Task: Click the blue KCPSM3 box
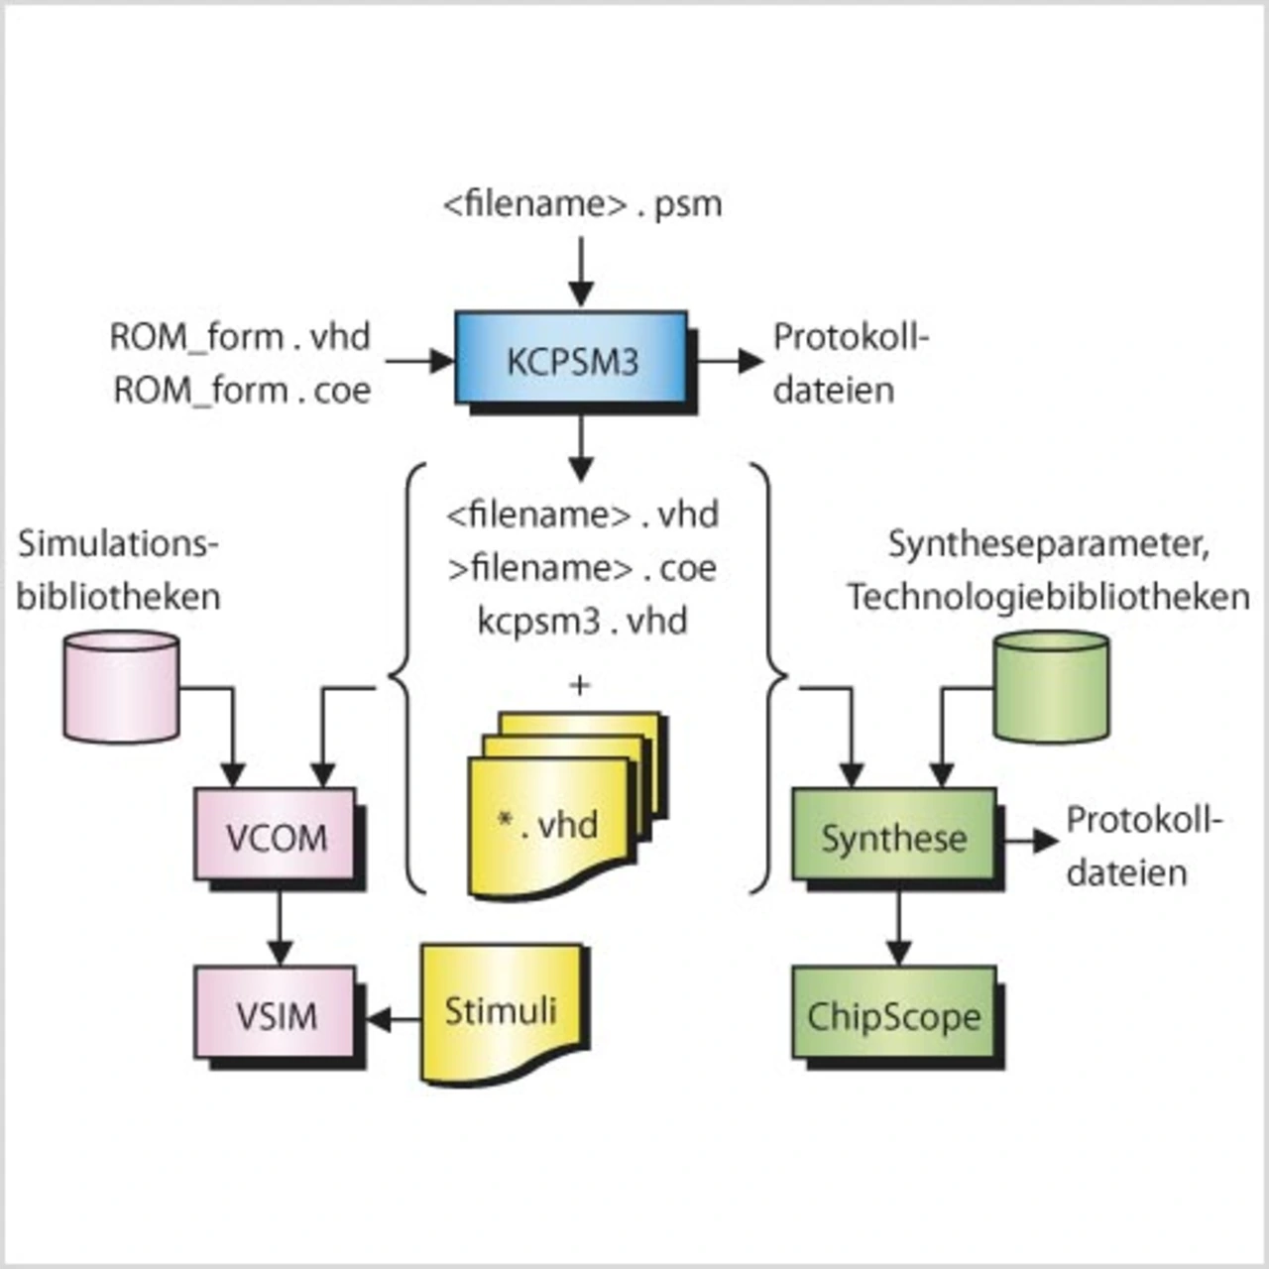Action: pos(571,359)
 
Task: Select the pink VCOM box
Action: pos(275,836)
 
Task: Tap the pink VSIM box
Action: pos(275,1014)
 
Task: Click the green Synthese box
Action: pos(893,836)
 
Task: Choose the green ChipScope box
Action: pos(893,1014)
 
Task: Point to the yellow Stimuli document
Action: pos(501,1011)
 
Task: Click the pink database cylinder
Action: pos(121,686)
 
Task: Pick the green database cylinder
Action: pos(1051,686)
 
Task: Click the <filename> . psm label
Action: pos(582,204)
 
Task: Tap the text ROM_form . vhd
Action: pos(240,337)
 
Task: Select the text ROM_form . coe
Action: pos(242,390)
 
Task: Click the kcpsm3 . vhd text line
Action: pos(582,621)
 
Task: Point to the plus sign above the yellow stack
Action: pos(579,684)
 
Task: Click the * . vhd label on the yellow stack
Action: pos(548,823)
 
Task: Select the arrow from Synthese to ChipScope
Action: pos(898,927)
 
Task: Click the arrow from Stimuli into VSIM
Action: pos(393,1018)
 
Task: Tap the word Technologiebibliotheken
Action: pos(1048,597)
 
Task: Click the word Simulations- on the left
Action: pos(117,543)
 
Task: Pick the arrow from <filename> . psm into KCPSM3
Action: pos(581,271)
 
